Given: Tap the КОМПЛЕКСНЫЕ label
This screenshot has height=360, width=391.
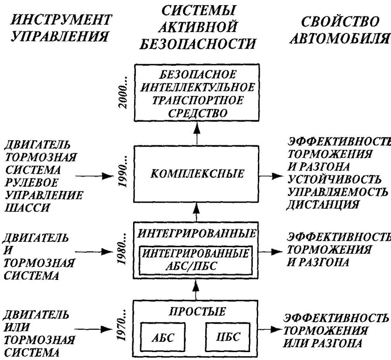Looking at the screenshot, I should pos(197,175).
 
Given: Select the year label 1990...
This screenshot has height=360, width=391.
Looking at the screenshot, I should pos(122,175).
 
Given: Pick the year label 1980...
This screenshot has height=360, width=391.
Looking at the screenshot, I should pos(122,252).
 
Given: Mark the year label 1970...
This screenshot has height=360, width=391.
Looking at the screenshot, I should pos(122,329).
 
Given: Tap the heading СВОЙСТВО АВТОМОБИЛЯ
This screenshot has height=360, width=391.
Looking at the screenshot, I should pos(339,31).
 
